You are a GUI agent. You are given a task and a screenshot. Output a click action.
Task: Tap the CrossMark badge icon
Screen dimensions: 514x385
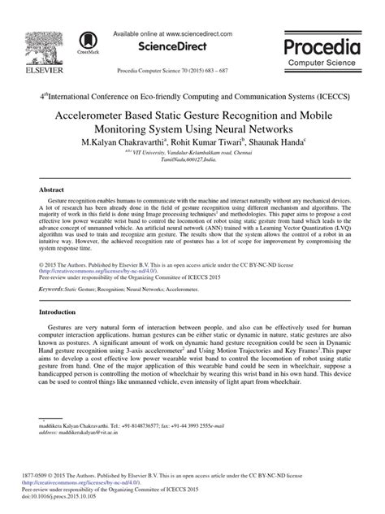coord(85,41)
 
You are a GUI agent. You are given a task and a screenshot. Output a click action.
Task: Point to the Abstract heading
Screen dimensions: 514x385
coord(52,189)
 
